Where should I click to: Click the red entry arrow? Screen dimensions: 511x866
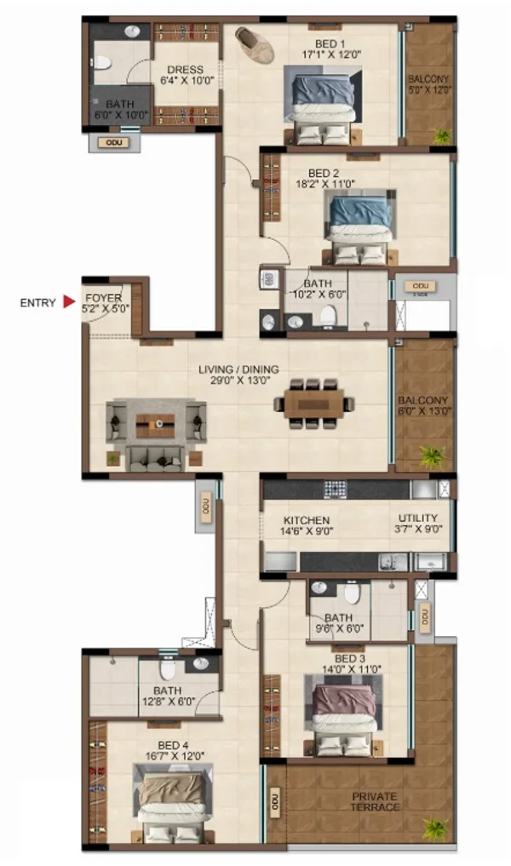point(69,301)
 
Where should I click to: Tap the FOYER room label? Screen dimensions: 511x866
point(103,298)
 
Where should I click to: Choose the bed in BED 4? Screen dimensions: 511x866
point(173,804)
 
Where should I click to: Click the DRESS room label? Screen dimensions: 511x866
point(185,70)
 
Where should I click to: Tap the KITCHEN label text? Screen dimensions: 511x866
point(307,520)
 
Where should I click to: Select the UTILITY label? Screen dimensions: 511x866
point(418,518)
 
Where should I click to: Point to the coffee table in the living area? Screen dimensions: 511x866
point(155,425)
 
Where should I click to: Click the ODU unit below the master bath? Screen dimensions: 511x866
point(114,142)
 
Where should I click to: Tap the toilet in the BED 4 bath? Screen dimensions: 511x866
point(167,669)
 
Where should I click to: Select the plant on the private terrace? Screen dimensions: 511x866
point(434,829)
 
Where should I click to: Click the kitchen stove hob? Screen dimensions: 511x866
point(335,488)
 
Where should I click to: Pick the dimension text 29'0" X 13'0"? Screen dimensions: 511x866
point(241,380)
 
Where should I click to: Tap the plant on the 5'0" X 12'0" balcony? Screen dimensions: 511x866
point(442,136)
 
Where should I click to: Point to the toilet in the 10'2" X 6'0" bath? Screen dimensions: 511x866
point(328,316)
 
